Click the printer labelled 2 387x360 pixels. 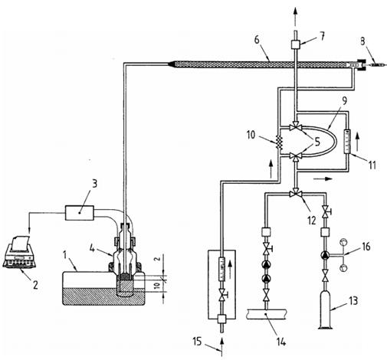(x=19, y=252)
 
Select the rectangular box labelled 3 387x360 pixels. (x=80, y=213)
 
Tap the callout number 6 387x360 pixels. (x=257, y=41)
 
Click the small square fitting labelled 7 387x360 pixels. (x=296, y=44)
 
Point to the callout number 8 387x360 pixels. (x=362, y=42)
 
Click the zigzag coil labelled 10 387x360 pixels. (x=280, y=142)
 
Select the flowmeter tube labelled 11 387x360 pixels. (x=347, y=141)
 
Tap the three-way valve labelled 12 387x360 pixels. (x=296, y=195)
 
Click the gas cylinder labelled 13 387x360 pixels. (x=325, y=310)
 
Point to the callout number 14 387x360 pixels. (x=281, y=341)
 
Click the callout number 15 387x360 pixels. (x=198, y=342)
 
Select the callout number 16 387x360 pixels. (x=366, y=247)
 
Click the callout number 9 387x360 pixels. (x=345, y=101)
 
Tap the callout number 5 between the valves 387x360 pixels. (x=317, y=142)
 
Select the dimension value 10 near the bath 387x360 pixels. (x=158, y=285)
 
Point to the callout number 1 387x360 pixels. (x=65, y=255)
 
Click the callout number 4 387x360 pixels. (x=93, y=248)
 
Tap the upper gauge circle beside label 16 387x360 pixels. (x=343, y=242)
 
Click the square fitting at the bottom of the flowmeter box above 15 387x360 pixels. (x=221, y=319)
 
